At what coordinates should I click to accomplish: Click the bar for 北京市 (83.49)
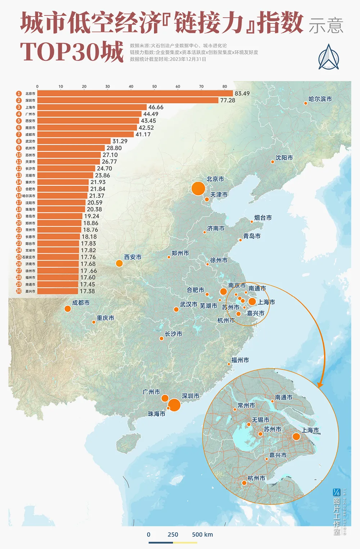point(135,94)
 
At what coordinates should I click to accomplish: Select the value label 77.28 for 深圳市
point(228,100)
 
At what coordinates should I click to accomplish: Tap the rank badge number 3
point(19,107)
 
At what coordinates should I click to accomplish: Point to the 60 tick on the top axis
point(178,86)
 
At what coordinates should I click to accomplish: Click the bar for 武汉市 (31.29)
point(74,141)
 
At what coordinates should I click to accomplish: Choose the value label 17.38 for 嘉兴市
point(87,291)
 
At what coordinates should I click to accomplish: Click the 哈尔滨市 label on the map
point(320,99)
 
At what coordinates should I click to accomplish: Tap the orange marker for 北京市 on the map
point(198,189)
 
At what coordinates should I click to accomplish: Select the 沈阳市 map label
point(284,158)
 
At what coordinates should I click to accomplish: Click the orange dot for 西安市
point(119,263)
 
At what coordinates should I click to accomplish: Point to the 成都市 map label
point(81,303)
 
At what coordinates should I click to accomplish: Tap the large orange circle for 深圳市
point(174,405)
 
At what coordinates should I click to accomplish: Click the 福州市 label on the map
point(240,360)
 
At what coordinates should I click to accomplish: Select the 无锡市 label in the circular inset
point(260,420)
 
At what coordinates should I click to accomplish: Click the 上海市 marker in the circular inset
point(296,436)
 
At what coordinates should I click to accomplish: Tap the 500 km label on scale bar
point(202,534)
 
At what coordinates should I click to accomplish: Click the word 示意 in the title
point(326,25)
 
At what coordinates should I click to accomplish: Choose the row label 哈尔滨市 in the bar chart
point(29,196)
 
